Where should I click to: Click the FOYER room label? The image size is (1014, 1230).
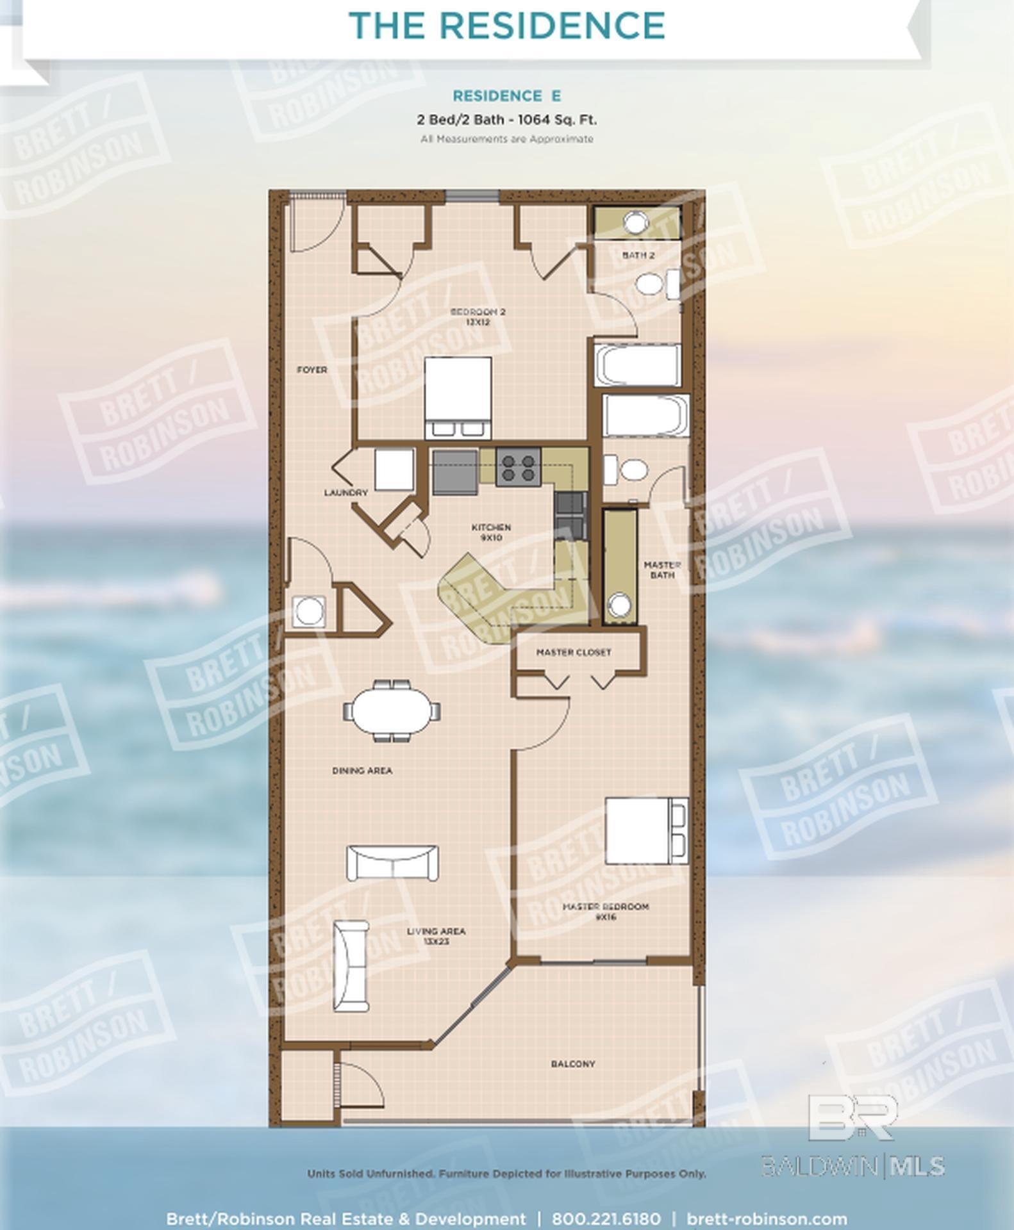click(x=312, y=370)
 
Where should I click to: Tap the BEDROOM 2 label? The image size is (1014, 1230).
click(x=478, y=316)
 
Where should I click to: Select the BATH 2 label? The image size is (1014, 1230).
click(x=638, y=255)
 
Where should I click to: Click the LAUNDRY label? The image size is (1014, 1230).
click(x=346, y=493)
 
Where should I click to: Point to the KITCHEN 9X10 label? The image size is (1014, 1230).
click(x=491, y=532)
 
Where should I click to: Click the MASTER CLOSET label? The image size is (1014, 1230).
click(x=574, y=652)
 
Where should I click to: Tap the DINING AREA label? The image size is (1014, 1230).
click(x=362, y=770)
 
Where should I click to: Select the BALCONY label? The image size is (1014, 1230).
click(x=573, y=1063)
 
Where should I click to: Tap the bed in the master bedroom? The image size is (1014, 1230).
click(x=644, y=831)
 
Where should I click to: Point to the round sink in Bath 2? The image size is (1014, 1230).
click(x=636, y=222)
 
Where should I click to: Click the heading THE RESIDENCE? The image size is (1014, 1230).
click(x=507, y=26)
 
